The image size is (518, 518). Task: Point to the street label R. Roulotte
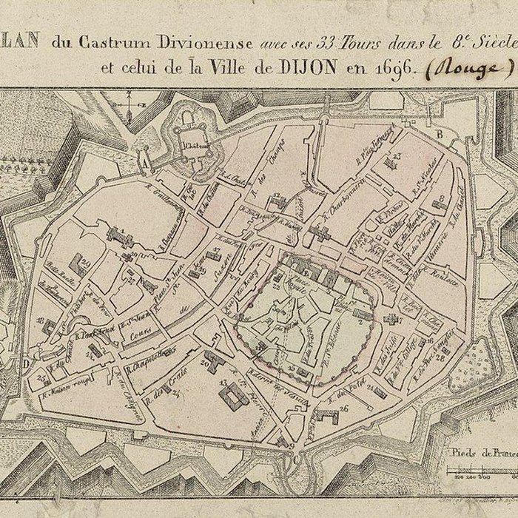click(444, 280)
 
